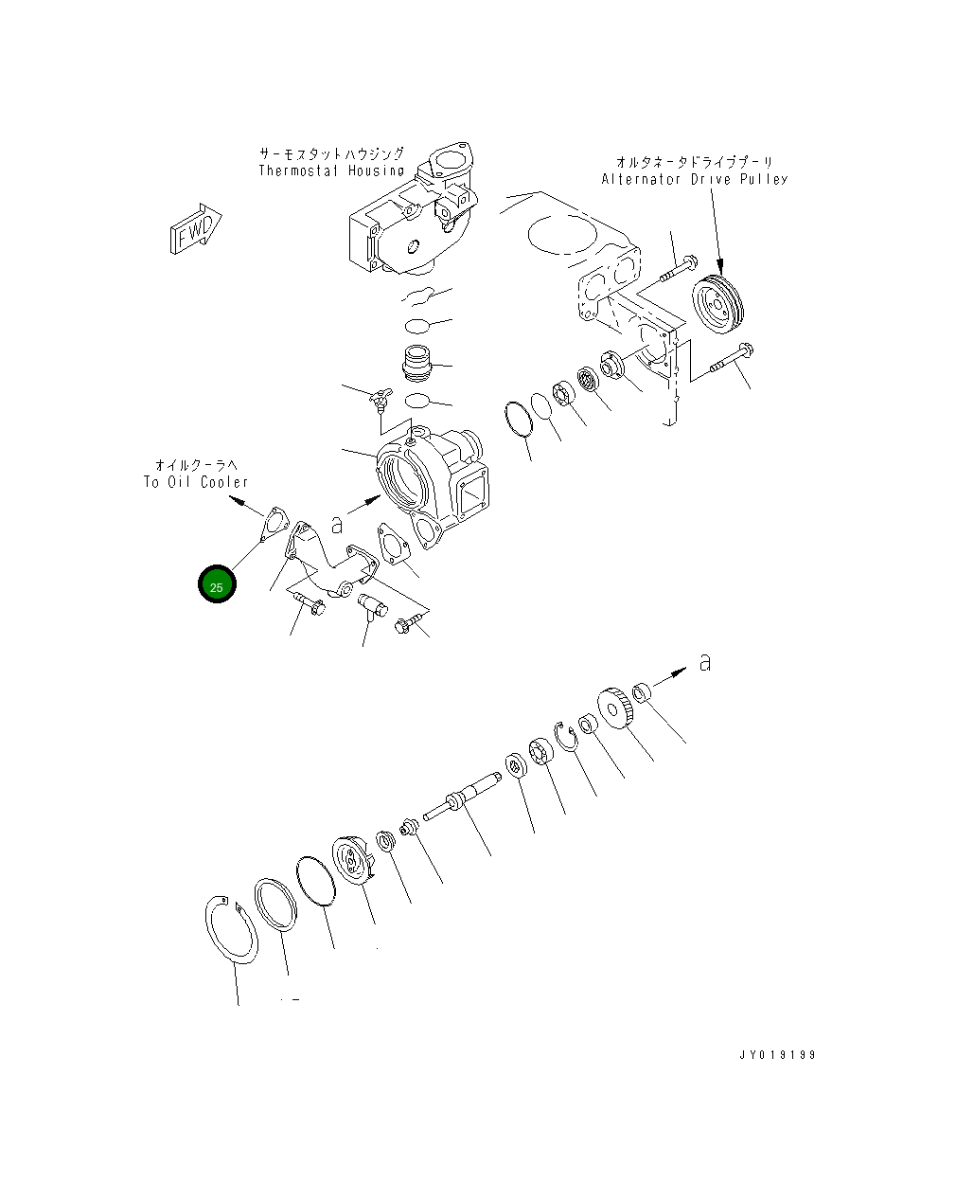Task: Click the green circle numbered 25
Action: (216, 586)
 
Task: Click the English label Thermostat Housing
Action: (331, 171)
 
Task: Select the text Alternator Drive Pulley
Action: (694, 179)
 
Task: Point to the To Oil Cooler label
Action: (196, 482)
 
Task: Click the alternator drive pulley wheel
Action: (718, 304)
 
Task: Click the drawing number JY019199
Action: (777, 1055)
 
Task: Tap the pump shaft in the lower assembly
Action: (464, 801)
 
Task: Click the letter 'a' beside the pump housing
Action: (336, 524)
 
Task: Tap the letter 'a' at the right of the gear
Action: (703, 663)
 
